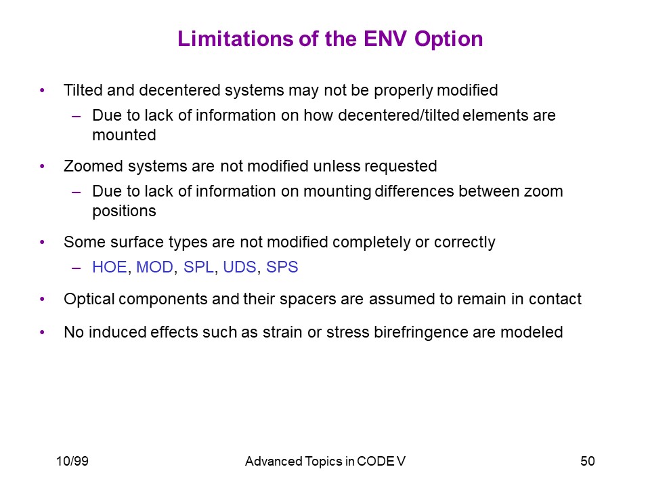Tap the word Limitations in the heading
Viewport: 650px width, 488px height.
pos(236,39)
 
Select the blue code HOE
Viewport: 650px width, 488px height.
pos(110,267)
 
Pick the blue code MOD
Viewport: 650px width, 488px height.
pos(154,267)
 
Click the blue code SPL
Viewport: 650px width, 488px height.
pos(198,267)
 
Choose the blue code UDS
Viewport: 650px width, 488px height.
pos(240,267)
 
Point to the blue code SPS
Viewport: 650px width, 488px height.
pos(282,267)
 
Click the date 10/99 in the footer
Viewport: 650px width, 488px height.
pos(72,461)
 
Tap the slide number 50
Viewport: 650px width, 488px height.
pos(588,461)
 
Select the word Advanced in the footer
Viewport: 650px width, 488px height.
pos(274,461)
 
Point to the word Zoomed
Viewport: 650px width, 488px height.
pos(93,166)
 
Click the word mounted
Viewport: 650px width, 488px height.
pos(124,135)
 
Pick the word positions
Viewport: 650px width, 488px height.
pos(124,211)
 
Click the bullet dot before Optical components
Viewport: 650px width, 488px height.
pos(42,299)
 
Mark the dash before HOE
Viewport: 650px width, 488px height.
pos(76,268)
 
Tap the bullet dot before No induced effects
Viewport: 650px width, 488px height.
pos(42,332)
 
